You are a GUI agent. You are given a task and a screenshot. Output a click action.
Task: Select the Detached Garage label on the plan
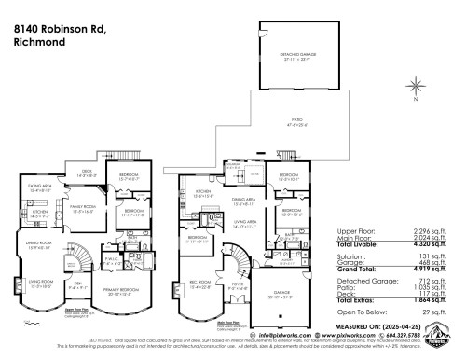[297, 55]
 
